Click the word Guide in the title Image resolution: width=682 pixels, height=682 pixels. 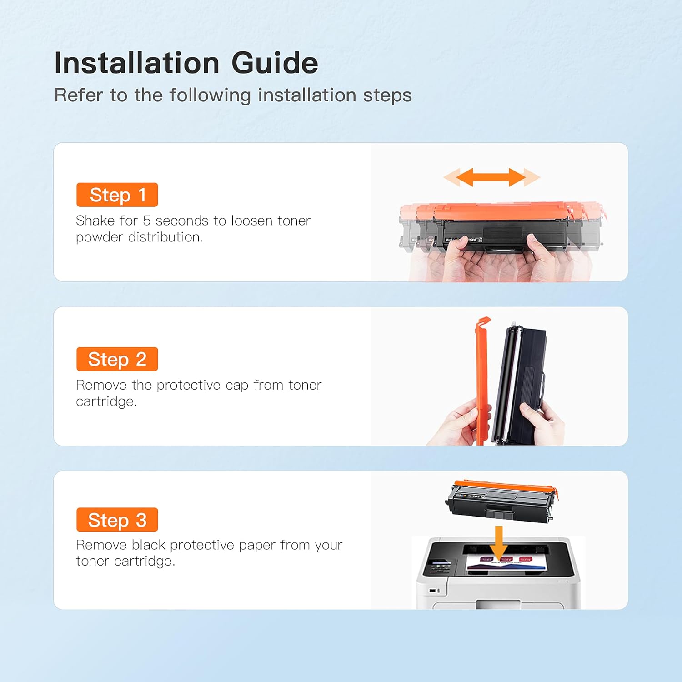[275, 63]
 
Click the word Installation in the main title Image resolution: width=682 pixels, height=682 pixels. [137, 63]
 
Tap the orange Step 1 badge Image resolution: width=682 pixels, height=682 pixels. [117, 195]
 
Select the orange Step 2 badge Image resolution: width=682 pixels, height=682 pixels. [117, 359]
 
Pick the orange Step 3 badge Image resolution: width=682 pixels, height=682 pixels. [117, 520]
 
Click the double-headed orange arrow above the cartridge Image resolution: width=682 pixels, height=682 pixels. [491, 177]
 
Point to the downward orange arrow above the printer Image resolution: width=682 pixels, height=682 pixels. [499, 542]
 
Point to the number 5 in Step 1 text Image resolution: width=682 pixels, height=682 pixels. [146, 221]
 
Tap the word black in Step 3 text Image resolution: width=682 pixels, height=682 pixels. [149, 545]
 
